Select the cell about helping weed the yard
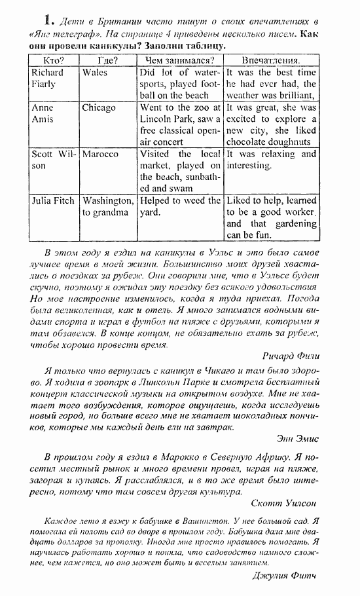point(180,206)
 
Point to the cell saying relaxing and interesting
point(271,160)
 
